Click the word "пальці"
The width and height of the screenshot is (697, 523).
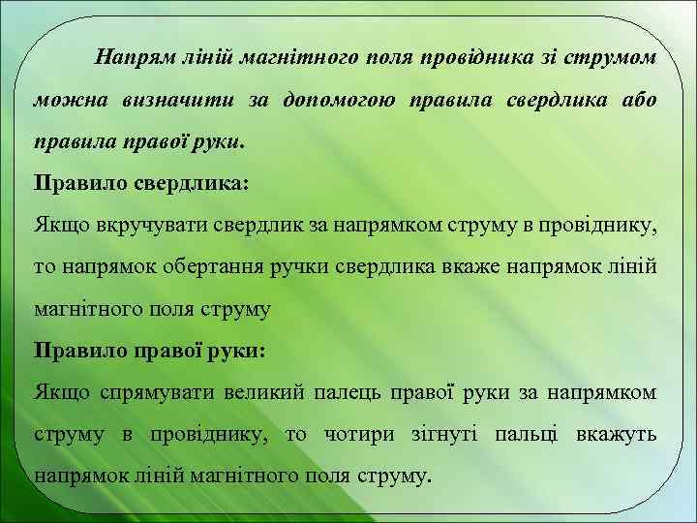pos(527,435)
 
